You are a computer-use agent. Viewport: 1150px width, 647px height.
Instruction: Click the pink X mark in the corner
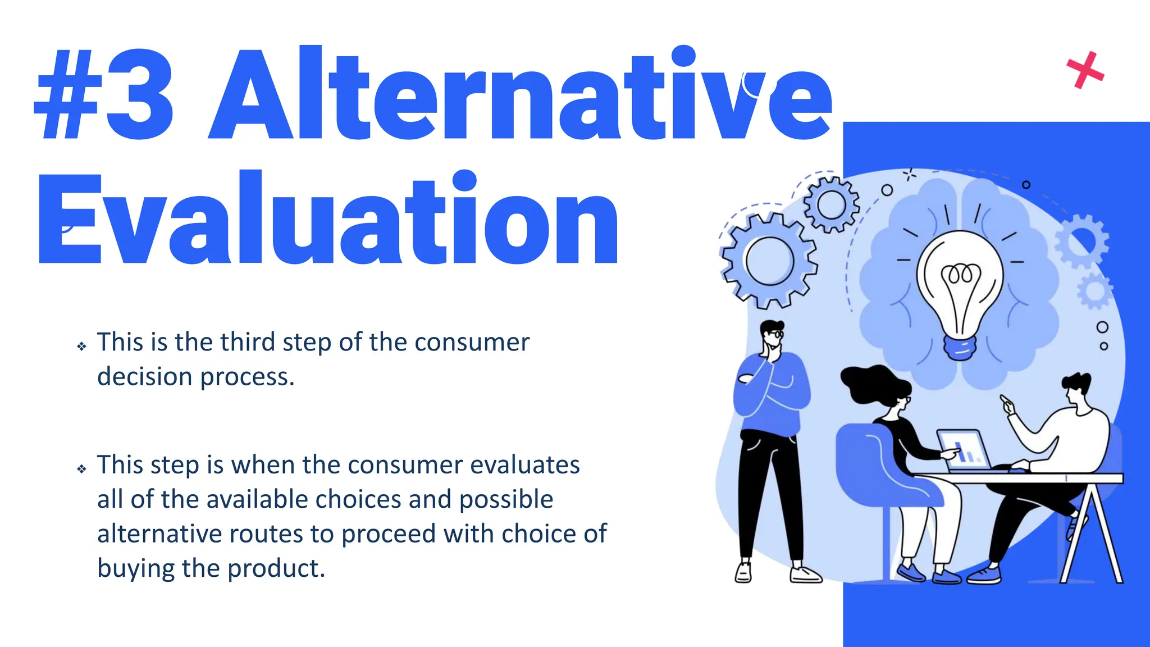pyautogui.click(x=1085, y=71)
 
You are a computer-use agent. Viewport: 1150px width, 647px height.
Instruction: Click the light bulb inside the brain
pyautogui.click(x=960, y=281)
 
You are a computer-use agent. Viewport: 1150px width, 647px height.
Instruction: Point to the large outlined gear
pyautogui.click(x=769, y=261)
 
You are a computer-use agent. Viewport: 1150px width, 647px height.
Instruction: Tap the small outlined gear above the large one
pyautogui.click(x=831, y=204)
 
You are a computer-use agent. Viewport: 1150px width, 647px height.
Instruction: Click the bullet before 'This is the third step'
pyautogui.click(x=82, y=346)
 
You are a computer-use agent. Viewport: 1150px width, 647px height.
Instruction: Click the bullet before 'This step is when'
pyautogui.click(x=82, y=468)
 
